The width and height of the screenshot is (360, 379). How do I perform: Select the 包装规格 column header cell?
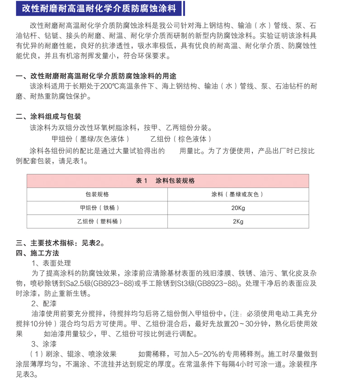[97, 194]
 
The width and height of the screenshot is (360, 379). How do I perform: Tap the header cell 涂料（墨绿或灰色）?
[237, 194]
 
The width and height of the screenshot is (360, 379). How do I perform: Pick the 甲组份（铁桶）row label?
[97, 208]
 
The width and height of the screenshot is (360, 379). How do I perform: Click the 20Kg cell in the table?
[237, 208]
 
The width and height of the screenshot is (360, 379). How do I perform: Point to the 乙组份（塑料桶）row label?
[97, 222]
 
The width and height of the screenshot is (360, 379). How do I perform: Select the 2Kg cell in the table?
[237, 222]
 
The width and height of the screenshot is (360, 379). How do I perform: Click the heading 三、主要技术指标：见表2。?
[61, 243]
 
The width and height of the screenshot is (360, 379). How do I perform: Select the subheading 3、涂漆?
[44, 344]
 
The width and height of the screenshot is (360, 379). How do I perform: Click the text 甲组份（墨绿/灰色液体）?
[91, 139]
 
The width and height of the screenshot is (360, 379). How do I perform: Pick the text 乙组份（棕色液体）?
[181, 139]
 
